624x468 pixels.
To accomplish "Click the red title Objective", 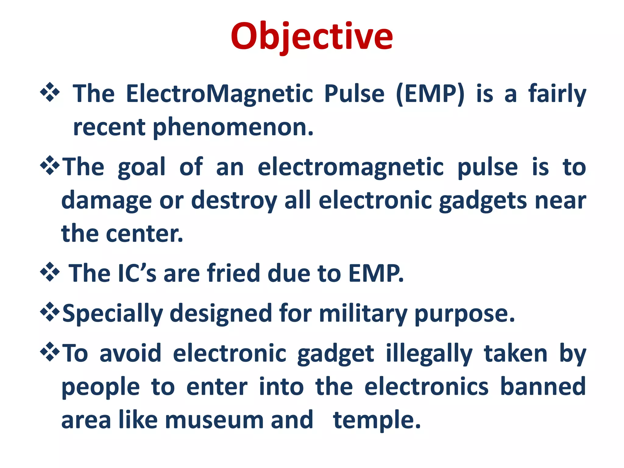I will pyautogui.click(x=312, y=37).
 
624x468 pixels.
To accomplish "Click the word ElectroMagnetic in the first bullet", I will pyautogui.click(x=219, y=94).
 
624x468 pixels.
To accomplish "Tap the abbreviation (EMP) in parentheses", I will pyautogui.click(x=431, y=94).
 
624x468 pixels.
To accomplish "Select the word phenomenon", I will pyautogui.click(x=233, y=127).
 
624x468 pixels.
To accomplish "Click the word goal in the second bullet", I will pyautogui.click(x=141, y=168).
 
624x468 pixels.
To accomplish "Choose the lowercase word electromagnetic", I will pyautogui.click(x=350, y=168).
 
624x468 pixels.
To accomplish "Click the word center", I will pyautogui.click(x=144, y=234).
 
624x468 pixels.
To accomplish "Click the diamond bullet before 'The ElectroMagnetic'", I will pyautogui.click(x=50, y=92).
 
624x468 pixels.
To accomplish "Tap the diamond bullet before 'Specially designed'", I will pyautogui.click(x=50, y=312).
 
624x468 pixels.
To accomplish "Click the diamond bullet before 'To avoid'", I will pyautogui.click(x=50, y=352).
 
